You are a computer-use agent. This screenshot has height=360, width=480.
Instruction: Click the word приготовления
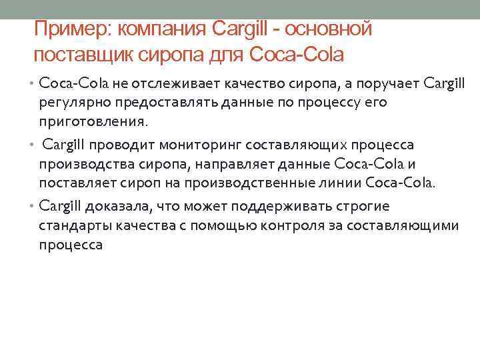tap(91, 123)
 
